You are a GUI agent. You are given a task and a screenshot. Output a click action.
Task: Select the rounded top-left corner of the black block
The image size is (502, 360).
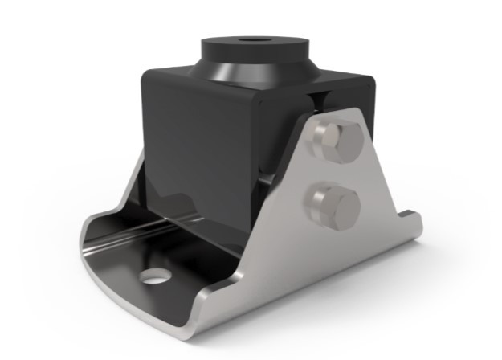click(x=147, y=74)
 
